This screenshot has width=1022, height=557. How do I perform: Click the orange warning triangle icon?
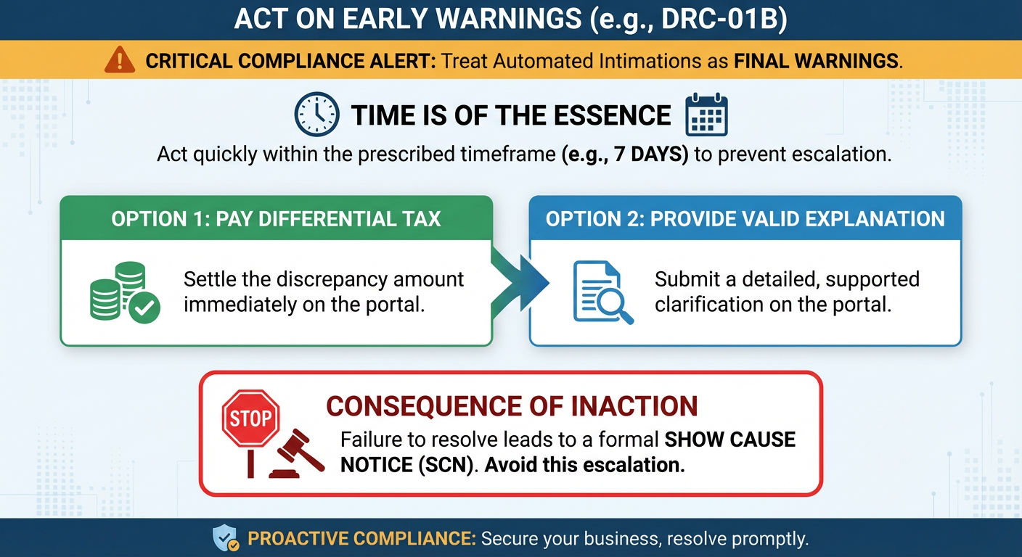[120, 60]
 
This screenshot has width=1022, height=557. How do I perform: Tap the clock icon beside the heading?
[316, 115]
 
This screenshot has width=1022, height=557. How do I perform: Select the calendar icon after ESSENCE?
[706, 115]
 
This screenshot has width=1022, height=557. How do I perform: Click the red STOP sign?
[250, 418]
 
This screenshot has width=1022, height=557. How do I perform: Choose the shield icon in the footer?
[224, 539]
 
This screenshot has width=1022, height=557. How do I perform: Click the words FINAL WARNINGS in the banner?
[816, 60]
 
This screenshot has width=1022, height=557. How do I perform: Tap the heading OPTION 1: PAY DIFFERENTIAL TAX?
[276, 219]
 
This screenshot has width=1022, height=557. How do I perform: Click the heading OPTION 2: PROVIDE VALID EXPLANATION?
[745, 219]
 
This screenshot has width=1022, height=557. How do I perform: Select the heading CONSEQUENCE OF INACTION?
[512, 406]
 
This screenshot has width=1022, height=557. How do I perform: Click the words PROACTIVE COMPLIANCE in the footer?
[361, 539]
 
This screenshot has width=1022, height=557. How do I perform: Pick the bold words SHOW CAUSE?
[730, 440]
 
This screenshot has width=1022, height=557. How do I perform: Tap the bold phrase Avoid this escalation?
[584, 465]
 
